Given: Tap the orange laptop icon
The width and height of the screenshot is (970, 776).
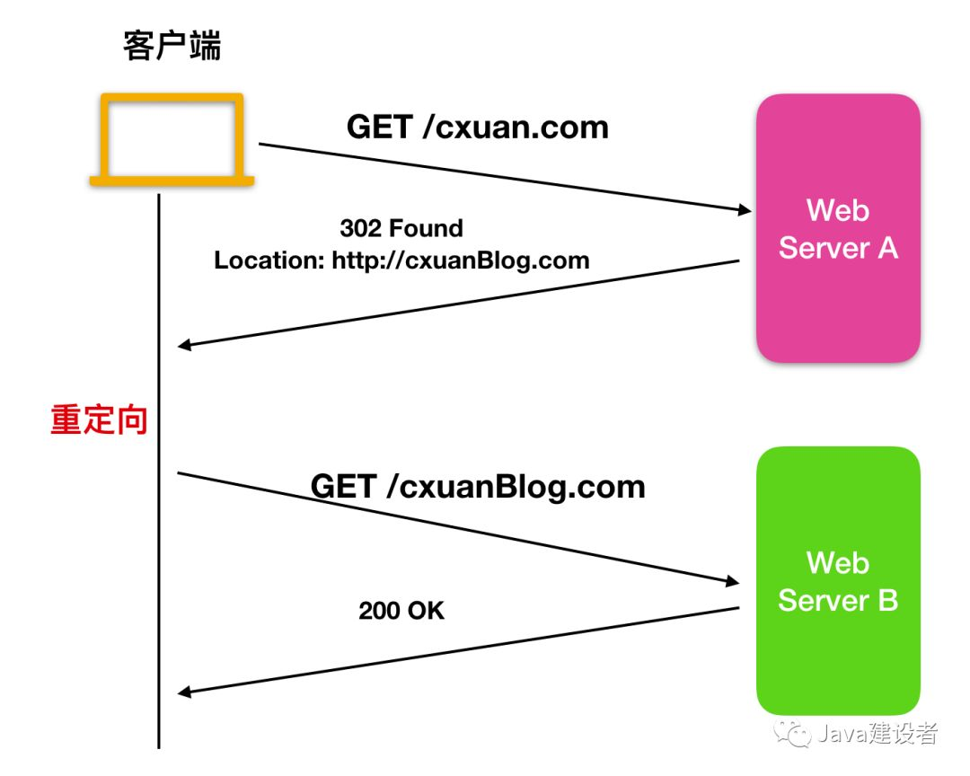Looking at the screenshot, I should (x=172, y=139).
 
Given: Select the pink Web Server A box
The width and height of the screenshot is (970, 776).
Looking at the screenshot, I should (x=838, y=229).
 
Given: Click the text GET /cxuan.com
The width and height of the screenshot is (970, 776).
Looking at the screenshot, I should (x=478, y=128).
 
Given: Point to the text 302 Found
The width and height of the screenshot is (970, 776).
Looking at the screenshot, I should (x=401, y=228).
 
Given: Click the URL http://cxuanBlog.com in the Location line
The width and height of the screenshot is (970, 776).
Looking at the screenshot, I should (x=461, y=261).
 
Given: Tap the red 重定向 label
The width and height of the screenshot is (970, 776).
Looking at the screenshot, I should (x=99, y=420).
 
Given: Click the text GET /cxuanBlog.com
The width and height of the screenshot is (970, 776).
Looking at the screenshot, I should (x=478, y=487).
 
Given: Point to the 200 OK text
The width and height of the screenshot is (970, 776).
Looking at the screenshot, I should (x=401, y=611).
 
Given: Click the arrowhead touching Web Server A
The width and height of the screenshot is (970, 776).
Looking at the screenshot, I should (x=744, y=210).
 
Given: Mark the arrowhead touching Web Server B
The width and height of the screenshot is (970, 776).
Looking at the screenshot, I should (x=733, y=582).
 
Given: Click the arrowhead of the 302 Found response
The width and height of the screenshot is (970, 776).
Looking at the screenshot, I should (x=185, y=346).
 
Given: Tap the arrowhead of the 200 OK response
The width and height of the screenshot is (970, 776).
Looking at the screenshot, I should (x=185, y=692).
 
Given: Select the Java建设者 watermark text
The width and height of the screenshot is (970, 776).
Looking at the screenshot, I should (x=877, y=734).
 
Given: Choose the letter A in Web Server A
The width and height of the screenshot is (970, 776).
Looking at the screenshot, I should (x=886, y=248).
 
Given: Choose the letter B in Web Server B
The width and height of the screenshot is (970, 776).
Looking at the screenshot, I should (x=886, y=600).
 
